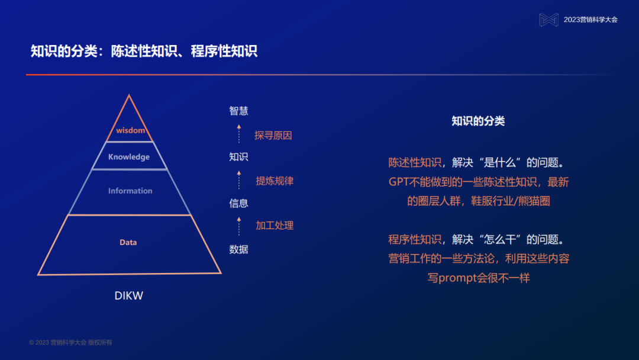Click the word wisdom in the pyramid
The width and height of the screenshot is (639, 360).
(130, 130)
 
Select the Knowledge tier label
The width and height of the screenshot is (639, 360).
(129, 157)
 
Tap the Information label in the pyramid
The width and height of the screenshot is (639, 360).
(130, 191)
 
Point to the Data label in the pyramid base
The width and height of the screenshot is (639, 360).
(128, 242)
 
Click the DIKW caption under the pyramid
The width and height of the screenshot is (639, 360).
(129, 295)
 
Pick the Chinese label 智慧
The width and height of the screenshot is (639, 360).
(238, 111)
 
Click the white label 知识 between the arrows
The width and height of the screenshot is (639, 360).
(238, 157)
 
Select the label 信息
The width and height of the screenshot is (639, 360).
(238, 203)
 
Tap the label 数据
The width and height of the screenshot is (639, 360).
(238, 249)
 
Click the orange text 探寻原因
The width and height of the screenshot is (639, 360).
(273, 136)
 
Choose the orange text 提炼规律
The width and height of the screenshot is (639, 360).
(275, 181)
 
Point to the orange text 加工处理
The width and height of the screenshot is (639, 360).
(275, 226)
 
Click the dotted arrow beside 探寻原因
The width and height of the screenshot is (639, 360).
(239, 134)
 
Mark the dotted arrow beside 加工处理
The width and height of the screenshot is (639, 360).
(239, 226)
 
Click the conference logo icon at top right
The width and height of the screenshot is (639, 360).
(548, 20)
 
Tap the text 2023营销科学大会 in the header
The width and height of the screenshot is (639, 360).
(590, 20)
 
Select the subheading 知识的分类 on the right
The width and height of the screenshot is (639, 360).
(478, 121)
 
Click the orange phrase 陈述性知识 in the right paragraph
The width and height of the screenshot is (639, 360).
(415, 163)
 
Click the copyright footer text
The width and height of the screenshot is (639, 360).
(70, 343)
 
